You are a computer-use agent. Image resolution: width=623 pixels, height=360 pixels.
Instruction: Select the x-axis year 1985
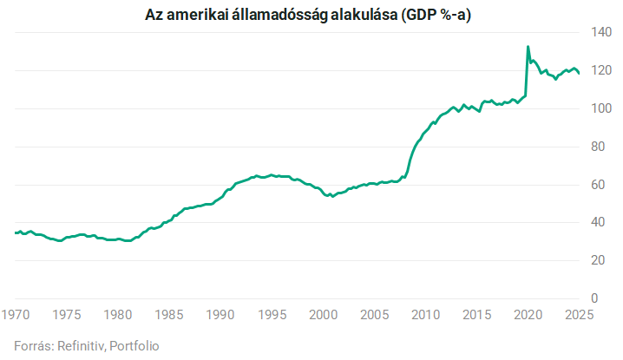pyautogui.click(x=169, y=314)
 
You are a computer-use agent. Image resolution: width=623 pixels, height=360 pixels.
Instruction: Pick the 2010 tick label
pyautogui.click(x=425, y=314)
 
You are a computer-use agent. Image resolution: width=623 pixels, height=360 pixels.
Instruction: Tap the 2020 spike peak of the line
pyautogui.click(x=528, y=47)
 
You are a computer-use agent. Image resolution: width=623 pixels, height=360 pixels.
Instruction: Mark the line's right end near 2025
pyautogui.click(x=579, y=74)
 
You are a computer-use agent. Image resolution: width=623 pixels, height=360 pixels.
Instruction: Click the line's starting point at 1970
pyautogui.click(x=16, y=232)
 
